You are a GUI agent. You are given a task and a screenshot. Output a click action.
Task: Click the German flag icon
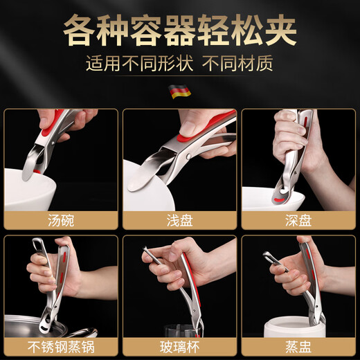(x=180, y=91)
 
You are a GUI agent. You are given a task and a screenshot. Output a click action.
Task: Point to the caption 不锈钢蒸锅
(x=60, y=345)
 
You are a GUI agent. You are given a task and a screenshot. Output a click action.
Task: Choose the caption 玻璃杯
(x=179, y=345)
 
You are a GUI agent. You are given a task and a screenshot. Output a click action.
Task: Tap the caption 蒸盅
(x=298, y=345)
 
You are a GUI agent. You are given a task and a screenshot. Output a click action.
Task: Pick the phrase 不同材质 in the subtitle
(x=239, y=64)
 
